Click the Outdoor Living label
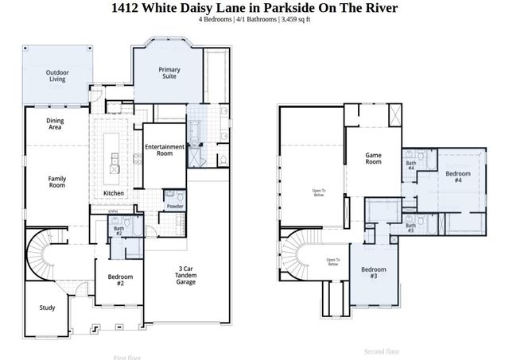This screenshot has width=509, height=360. click(x=56, y=76)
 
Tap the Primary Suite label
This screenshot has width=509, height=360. click(x=169, y=74)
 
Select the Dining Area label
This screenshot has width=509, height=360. click(x=55, y=124)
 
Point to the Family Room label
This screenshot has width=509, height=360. click(x=56, y=182)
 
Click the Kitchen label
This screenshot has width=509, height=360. click(x=114, y=194)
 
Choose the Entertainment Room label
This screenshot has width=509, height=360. click(x=165, y=150)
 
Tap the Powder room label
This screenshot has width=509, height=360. click(x=174, y=207)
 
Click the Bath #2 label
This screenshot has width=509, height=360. click(x=118, y=230)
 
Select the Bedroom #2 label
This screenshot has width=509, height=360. click(x=120, y=280)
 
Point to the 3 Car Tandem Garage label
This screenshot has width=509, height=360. click(x=185, y=277)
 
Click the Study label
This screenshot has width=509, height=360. click(x=47, y=308)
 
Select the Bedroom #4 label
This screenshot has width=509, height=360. click(x=458, y=177)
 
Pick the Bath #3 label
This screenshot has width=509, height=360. click(x=410, y=228)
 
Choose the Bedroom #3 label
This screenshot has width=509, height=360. click(x=374, y=273)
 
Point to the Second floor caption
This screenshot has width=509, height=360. click(x=382, y=350)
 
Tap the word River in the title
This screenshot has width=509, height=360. click(x=377, y=7)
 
